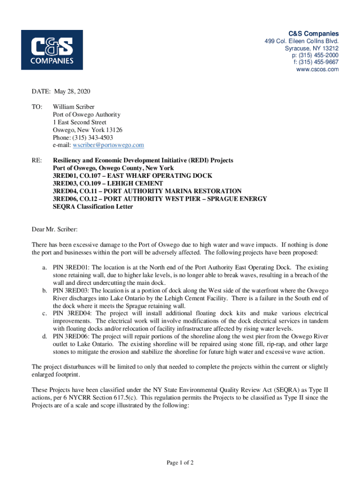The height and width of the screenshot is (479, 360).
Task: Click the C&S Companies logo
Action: [52, 50]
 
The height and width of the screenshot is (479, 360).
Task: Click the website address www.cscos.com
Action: [317, 70]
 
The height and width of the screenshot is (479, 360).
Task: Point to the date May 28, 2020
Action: [72, 91]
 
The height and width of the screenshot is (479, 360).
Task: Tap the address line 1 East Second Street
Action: [79, 122]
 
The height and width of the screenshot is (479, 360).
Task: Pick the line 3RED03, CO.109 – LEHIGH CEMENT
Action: [108, 183]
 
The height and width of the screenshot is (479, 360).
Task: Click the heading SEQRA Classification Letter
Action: [93, 206]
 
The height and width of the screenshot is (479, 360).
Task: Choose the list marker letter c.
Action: [43, 313]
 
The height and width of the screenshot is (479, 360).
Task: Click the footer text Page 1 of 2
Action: [180, 463]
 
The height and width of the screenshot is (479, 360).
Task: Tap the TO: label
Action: [37, 107]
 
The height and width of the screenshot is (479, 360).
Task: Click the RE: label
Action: [36, 160]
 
